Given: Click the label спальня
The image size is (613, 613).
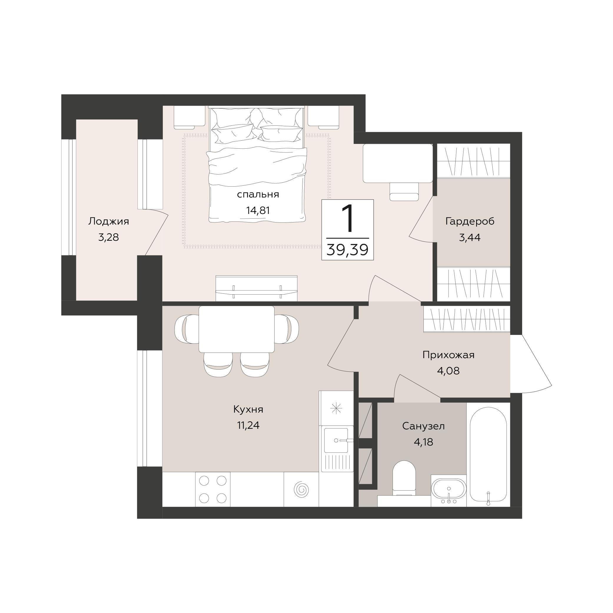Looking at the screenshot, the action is (x=258, y=195).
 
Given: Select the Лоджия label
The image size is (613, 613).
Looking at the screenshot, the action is (x=109, y=222).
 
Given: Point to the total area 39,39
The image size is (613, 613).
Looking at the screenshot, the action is (x=348, y=250).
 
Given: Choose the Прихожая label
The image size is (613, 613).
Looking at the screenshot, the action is (x=448, y=355).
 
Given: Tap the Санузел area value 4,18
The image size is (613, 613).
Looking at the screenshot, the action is (x=423, y=442).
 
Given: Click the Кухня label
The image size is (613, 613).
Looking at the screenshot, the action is (x=248, y=410).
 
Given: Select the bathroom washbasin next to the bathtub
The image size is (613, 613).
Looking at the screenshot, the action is (x=448, y=491).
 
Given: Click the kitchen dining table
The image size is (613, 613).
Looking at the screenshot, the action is (x=236, y=329).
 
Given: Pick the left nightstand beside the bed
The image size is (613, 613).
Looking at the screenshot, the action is (x=190, y=117).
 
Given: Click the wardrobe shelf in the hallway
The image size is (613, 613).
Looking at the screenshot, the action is (x=467, y=319).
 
